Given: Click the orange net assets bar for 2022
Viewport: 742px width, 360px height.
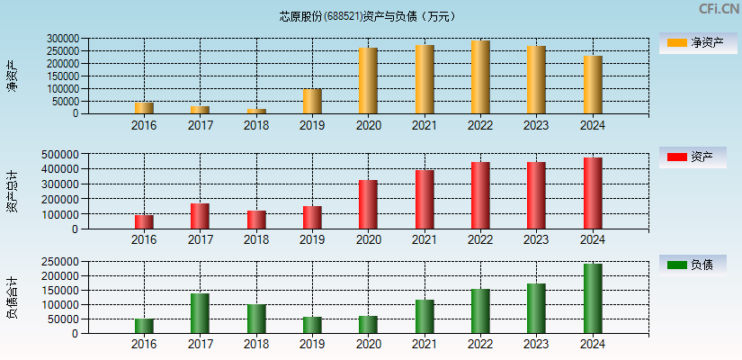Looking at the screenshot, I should (480, 77).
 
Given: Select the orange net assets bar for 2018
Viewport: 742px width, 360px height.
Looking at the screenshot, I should (256, 112).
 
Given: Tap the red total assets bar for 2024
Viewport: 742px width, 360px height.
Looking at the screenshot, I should (593, 193).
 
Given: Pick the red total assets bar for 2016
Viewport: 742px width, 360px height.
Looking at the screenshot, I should (144, 221).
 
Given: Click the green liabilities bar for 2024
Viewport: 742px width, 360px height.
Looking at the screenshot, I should (593, 299).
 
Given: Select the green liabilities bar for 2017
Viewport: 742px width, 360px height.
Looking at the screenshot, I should (200, 313).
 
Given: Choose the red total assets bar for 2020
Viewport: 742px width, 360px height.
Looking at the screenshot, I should (368, 204).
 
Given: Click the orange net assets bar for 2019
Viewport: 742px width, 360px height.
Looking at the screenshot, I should (312, 101).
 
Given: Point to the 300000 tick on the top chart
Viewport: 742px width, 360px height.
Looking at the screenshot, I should (64, 40).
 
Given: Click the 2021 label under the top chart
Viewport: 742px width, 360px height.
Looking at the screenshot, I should (425, 126).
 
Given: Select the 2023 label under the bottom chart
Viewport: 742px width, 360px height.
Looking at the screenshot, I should (536, 345).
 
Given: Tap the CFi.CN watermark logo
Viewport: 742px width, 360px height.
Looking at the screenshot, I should (719, 9).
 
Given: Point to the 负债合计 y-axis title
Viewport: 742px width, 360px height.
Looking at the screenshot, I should (12, 298).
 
